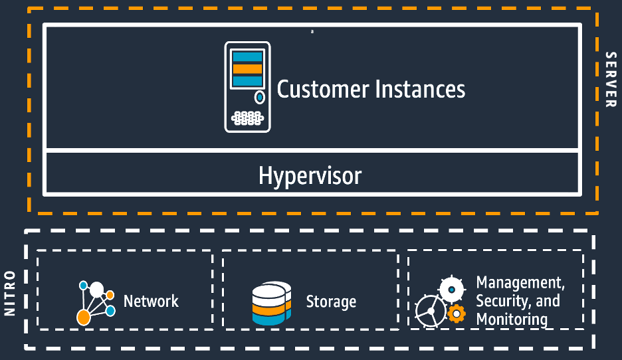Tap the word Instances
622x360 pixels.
[x=419, y=89]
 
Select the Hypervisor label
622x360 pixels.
[x=310, y=176]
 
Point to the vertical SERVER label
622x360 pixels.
[x=610, y=79]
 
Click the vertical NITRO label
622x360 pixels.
[x=10, y=292]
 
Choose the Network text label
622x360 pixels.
[x=151, y=301]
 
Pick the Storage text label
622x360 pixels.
[x=331, y=302]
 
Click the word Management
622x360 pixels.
[x=520, y=283]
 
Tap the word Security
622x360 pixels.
[x=502, y=301]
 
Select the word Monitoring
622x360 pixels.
[x=512, y=319]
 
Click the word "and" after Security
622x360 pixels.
[x=548, y=301]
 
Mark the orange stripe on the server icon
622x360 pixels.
[x=247, y=69]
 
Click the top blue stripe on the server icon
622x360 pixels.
[x=247, y=57]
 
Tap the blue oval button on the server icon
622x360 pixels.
[x=260, y=98]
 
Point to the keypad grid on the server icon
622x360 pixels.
[x=247, y=118]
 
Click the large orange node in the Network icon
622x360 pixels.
[x=83, y=317]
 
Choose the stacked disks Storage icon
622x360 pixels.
[x=272, y=304]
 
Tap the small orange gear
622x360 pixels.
[x=457, y=313]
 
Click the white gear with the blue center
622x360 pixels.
[x=452, y=290]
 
